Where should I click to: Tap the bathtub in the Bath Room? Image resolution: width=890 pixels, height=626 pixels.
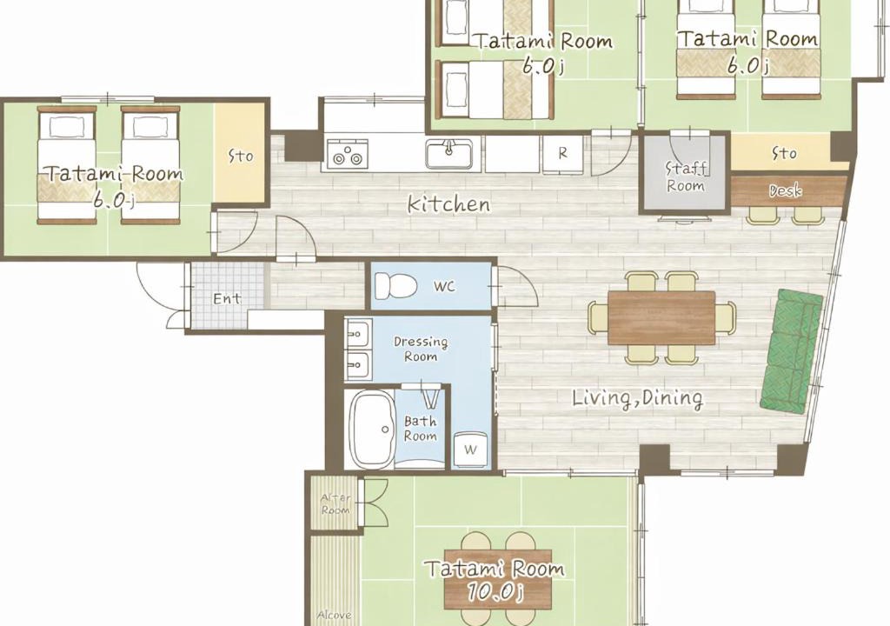373,429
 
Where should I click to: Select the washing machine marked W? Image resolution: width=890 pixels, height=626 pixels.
470,450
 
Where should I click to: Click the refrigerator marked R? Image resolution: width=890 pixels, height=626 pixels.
562,153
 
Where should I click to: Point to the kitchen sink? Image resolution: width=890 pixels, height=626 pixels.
448,153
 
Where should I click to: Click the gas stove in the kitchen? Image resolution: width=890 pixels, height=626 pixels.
347,154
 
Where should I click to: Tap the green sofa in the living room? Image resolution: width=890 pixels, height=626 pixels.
792,351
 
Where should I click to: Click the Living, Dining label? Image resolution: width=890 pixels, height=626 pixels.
637,398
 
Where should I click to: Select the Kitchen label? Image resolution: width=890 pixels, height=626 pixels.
449,204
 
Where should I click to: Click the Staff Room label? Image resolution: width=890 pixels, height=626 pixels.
686,177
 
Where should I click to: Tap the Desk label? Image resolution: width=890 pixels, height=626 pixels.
786,191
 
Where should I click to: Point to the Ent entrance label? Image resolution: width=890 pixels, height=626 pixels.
227,298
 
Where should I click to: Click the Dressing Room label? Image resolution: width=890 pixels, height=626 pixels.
421,350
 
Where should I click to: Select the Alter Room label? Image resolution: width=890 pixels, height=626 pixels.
335,504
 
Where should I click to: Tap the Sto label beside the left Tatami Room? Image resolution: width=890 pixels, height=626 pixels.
241,156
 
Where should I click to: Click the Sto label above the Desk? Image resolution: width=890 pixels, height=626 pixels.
784,153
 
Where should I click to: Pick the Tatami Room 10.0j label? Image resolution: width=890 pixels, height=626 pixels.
495,579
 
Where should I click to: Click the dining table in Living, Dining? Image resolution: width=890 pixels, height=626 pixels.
661,317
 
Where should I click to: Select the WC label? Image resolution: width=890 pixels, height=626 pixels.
444,286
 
